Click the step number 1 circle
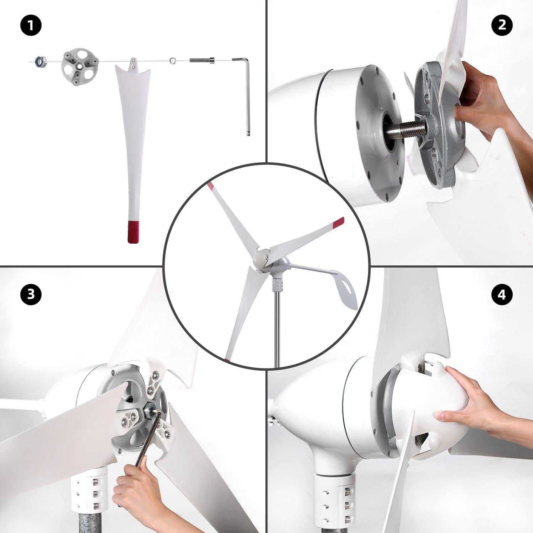pyautogui.click(x=31, y=25)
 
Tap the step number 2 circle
pyautogui.click(x=502, y=25)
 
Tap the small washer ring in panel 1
pyautogui.click(x=173, y=60)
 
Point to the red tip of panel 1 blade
pyautogui.click(x=133, y=232)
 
